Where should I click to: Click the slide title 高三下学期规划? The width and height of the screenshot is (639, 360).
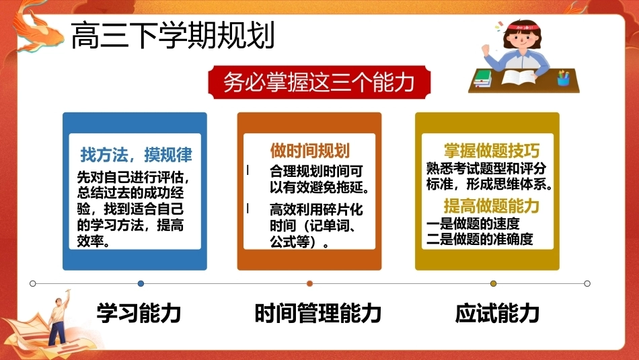point(173,36)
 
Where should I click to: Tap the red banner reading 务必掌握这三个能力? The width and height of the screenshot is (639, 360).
point(319,82)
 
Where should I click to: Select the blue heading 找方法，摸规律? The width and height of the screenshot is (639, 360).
point(136,155)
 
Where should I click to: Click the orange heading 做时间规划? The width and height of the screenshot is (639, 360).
point(309,151)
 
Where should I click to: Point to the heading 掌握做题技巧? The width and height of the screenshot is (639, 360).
point(492,151)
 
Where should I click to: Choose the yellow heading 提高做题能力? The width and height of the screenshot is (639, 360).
point(492,205)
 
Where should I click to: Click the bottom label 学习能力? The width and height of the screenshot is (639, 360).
point(139,313)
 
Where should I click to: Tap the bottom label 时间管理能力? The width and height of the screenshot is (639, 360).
point(318,313)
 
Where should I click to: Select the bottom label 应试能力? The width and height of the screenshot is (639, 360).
point(497,313)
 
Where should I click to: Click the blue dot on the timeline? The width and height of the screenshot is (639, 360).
point(141,283)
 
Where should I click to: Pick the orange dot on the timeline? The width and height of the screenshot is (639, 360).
point(309,283)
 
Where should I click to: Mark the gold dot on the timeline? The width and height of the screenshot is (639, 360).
point(493,283)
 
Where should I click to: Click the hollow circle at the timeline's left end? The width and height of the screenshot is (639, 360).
point(32,283)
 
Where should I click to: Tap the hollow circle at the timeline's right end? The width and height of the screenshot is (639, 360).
point(587,283)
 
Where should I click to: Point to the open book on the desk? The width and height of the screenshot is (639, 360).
point(519,77)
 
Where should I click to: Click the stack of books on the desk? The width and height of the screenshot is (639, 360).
point(483,78)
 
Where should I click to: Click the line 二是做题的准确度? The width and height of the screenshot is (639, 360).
point(480,240)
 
